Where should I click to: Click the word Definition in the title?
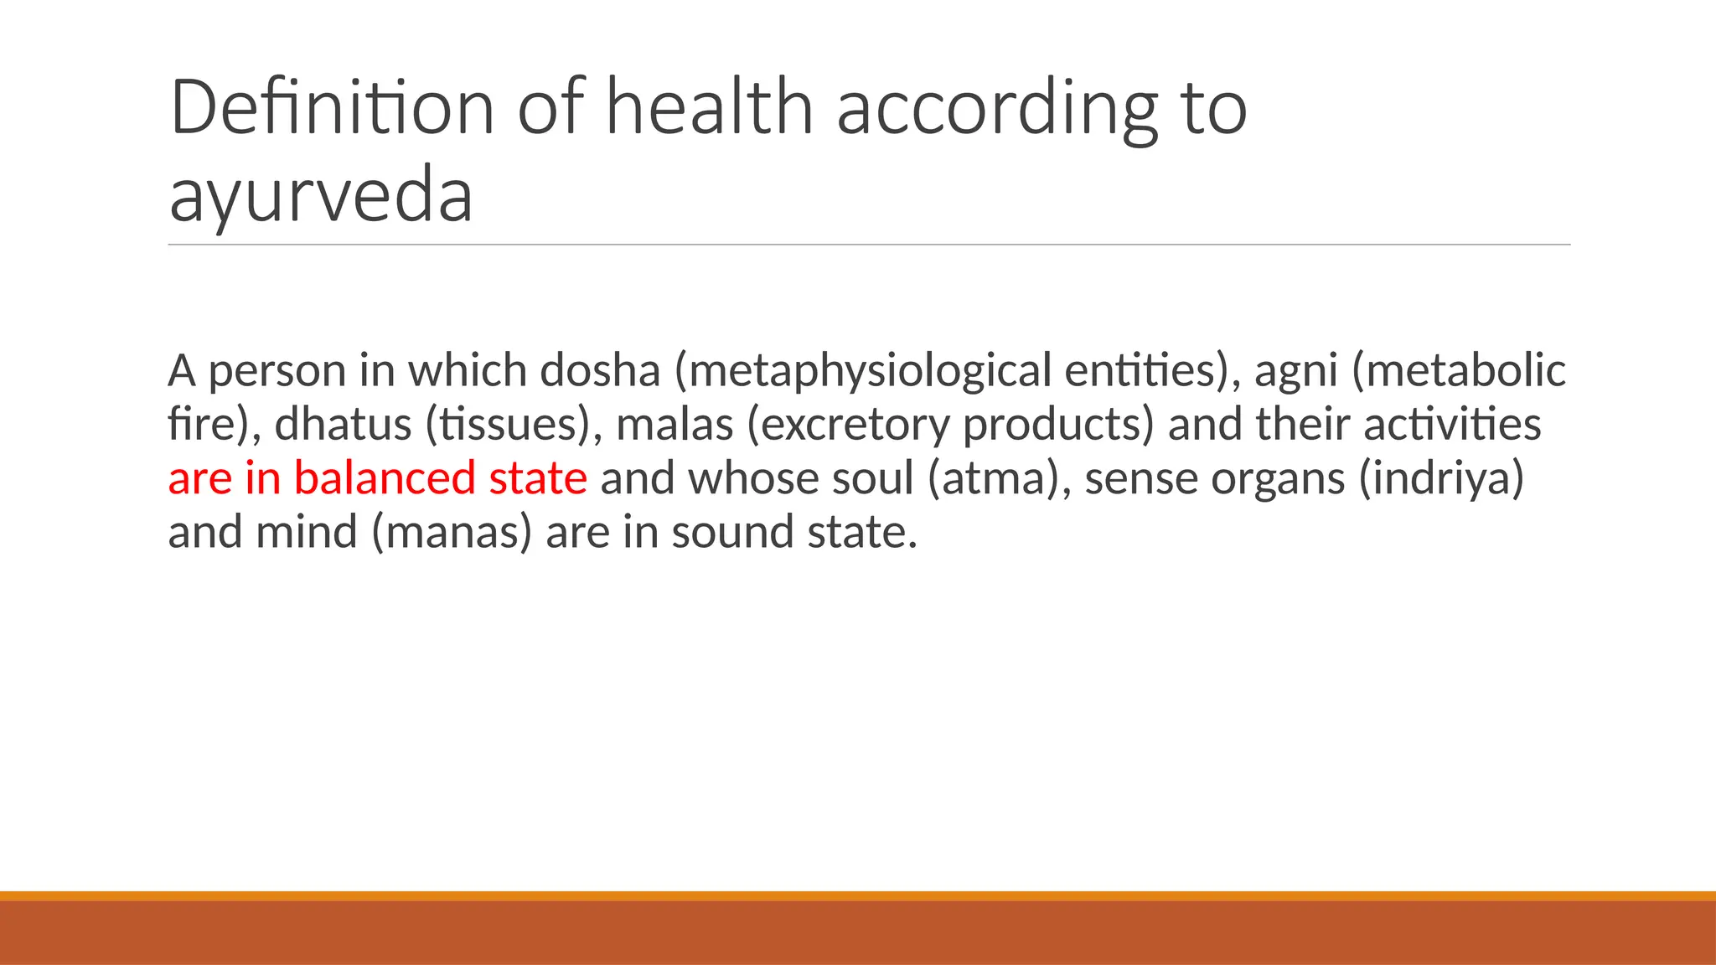point(332,107)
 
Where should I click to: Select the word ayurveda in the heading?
point(321,196)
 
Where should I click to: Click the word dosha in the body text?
point(600,370)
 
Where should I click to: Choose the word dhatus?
point(343,424)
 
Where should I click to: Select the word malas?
point(675,424)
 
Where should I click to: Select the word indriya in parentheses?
point(1440,479)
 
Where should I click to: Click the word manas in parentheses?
point(452,533)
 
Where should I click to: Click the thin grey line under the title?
point(869,245)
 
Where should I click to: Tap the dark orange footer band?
point(858,932)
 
